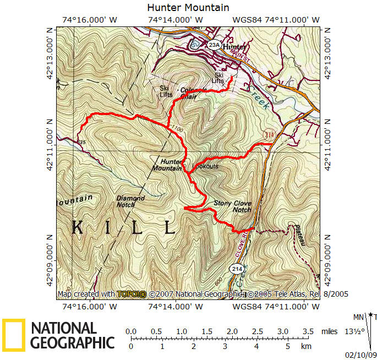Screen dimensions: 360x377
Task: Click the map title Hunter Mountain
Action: click(x=188, y=8)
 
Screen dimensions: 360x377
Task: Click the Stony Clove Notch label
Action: click(x=232, y=206)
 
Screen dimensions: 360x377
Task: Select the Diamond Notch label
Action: click(x=130, y=201)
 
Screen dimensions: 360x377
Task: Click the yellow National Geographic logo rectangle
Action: click(x=13, y=335)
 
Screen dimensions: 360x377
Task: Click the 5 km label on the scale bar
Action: click(x=287, y=347)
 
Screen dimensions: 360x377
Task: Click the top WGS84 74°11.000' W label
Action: click(x=276, y=20)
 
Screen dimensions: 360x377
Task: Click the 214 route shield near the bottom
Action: click(x=236, y=269)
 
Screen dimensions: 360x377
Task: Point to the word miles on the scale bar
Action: click(x=329, y=331)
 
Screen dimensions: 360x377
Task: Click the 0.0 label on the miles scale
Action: click(x=131, y=331)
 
